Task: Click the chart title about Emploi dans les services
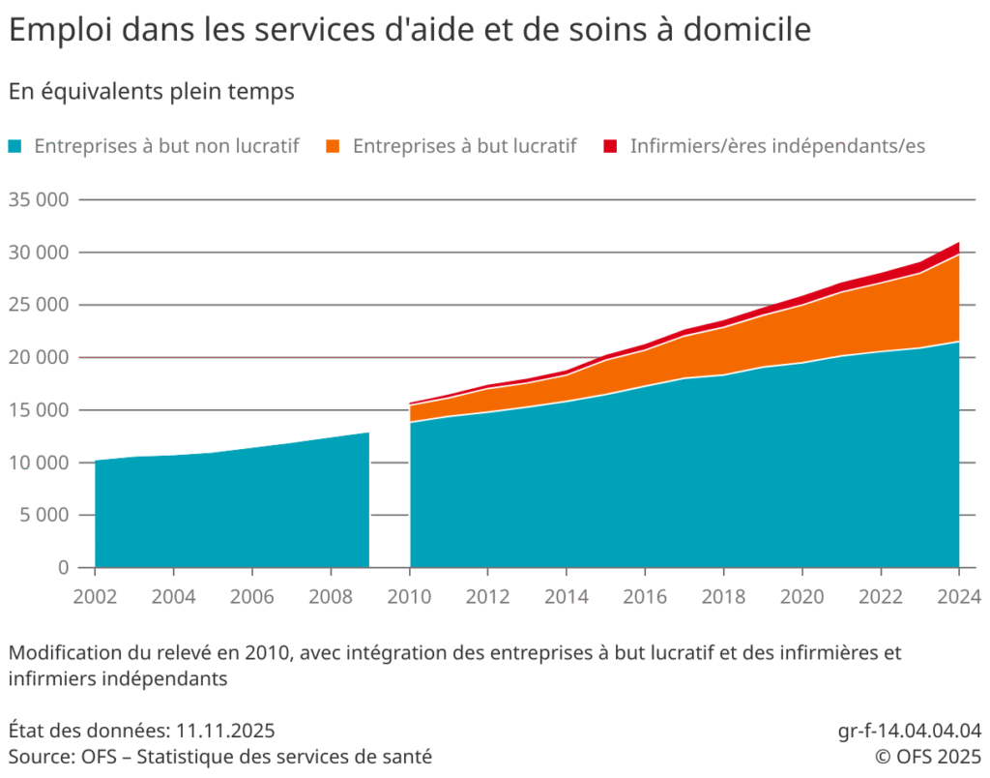[x=409, y=30]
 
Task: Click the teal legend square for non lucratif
[x=16, y=147]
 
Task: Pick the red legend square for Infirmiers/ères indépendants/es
[x=610, y=147]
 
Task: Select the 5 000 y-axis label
[x=44, y=515]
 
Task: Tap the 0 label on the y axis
[x=63, y=567]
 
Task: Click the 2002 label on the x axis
[x=95, y=593]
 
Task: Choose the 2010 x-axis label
[x=409, y=593]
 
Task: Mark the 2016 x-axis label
[x=645, y=593]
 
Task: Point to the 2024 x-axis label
[x=957, y=593]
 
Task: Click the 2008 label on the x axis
[x=331, y=593]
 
